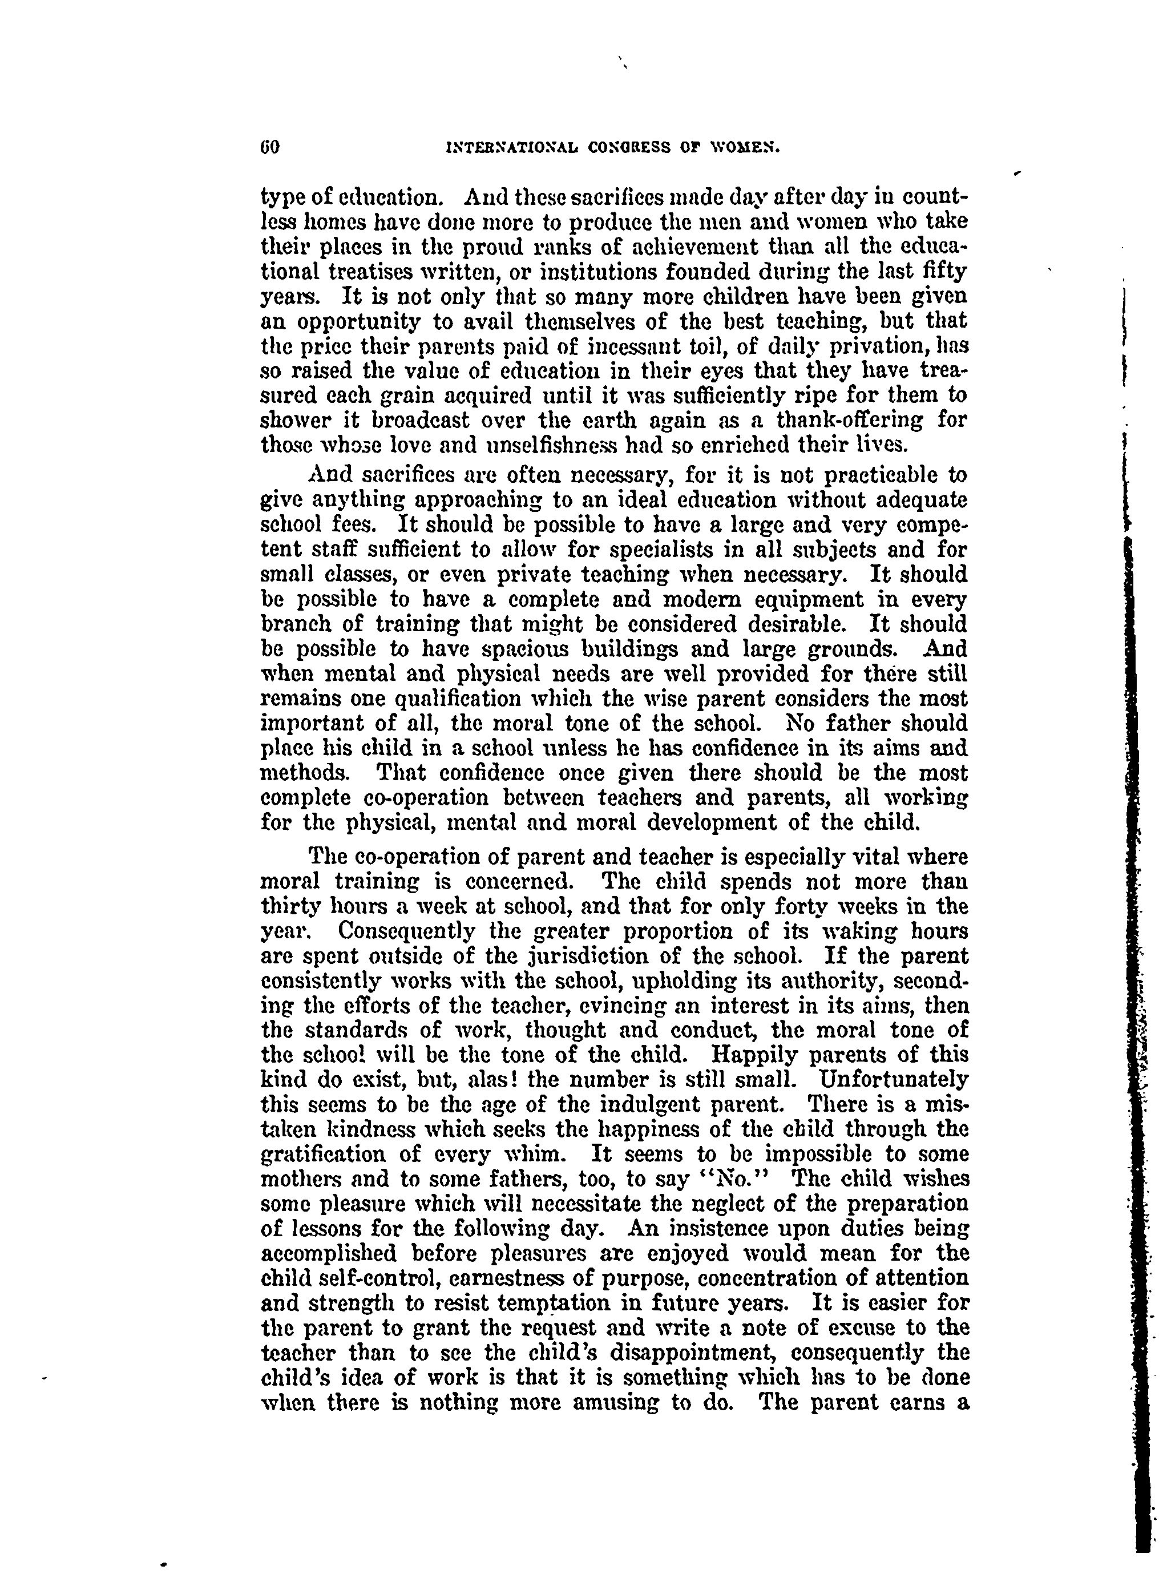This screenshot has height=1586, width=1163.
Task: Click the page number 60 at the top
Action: pyautogui.click(x=269, y=147)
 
